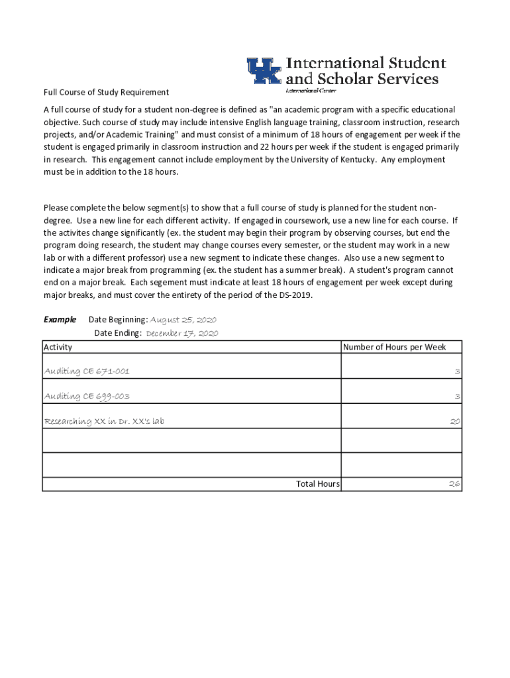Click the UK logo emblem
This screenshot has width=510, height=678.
[264, 71]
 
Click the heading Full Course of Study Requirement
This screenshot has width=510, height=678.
[106, 92]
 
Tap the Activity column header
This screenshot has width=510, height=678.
[58, 347]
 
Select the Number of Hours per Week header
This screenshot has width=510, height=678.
[394, 347]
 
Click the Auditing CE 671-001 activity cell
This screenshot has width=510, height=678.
[87, 371]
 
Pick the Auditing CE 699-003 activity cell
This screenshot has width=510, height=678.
[87, 396]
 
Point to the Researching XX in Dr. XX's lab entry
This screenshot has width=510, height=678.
[104, 421]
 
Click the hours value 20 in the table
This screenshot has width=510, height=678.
[455, 421]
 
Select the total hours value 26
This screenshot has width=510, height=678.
[454, 484]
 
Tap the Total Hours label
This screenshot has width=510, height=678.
[318, 484]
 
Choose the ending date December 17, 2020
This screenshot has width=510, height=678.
[182, 333]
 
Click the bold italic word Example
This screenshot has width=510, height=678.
[60, 319]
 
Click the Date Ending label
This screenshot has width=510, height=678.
[118, 333]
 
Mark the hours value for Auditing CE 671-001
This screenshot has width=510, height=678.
[457, 371]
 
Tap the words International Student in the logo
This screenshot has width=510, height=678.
[366, 64]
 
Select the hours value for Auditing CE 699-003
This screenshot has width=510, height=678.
[457, 396]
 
